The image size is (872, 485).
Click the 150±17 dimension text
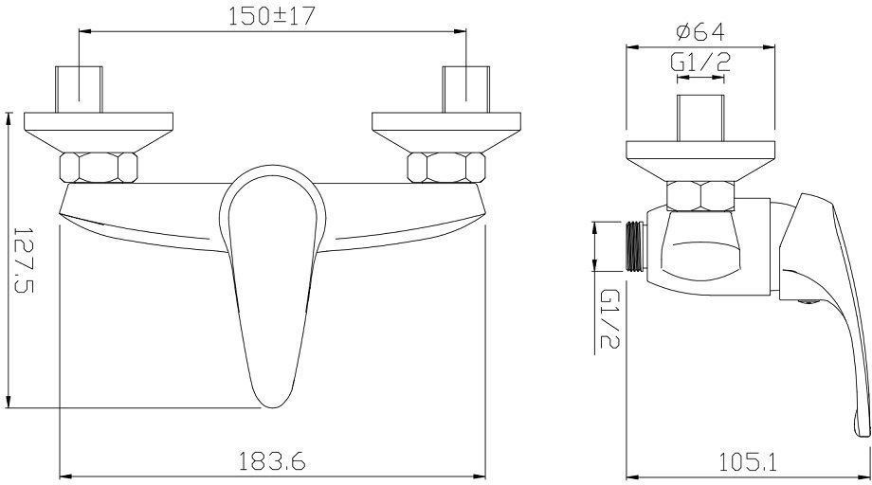click(272, 16)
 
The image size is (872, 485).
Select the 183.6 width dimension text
click(273, 461)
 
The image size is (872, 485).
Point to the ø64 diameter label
click(700, 31)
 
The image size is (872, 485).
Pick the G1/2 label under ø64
click(700, 63)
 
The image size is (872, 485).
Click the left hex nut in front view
click(99, 168)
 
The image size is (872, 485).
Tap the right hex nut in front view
click(446, 168)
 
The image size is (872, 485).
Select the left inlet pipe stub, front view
click(79, 89)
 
